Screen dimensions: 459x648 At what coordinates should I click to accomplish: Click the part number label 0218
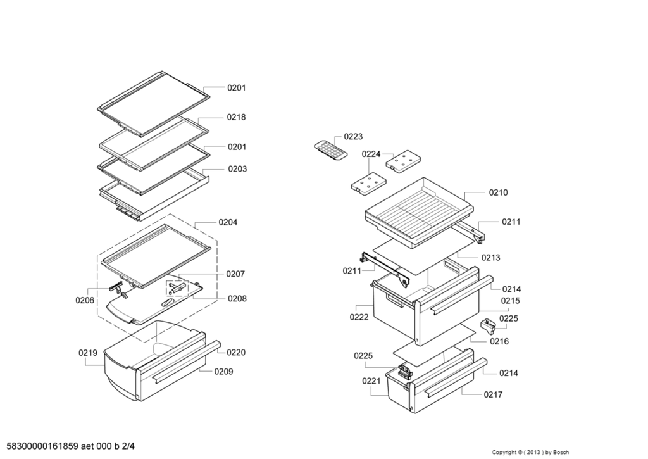pos(237,117)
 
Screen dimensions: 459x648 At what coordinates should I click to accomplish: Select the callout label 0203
pos(237,169)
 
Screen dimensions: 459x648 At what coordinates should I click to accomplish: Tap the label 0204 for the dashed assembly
pos(228,222)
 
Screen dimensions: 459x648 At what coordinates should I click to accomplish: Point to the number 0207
pos(235,274)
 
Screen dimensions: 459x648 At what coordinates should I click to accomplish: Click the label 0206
pos(85,300)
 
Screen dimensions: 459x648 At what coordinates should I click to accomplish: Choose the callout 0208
pos(237,298)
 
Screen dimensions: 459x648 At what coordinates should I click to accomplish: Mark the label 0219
pos(88,353)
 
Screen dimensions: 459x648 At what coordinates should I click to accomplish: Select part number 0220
pos(237,352)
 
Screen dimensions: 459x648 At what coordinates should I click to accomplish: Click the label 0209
pos(223,372)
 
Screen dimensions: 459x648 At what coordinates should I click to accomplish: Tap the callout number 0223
pos(353,136)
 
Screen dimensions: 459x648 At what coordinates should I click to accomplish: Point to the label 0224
pos(371,154)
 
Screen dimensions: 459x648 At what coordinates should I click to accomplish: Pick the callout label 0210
pos(498,192)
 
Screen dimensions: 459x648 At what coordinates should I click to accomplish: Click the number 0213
pos(490,258)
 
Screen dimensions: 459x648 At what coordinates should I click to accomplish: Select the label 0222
pos(359,317)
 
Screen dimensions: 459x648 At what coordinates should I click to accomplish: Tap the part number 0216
pos(499,341)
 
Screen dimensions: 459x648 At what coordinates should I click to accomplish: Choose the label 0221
pos(371,381)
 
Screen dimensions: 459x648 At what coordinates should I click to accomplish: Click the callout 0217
pos(493,394)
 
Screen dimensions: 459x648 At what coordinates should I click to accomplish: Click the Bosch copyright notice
pos(530,452)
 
